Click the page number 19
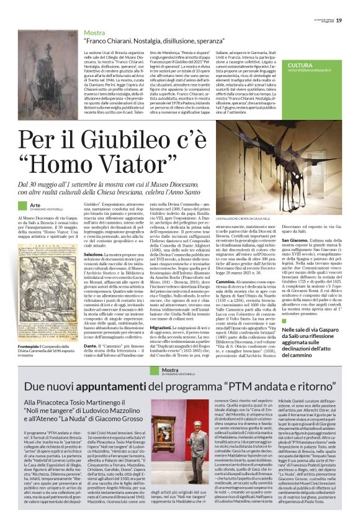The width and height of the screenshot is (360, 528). coord(348,6)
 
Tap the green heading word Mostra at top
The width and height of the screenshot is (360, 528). coord(94,32)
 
